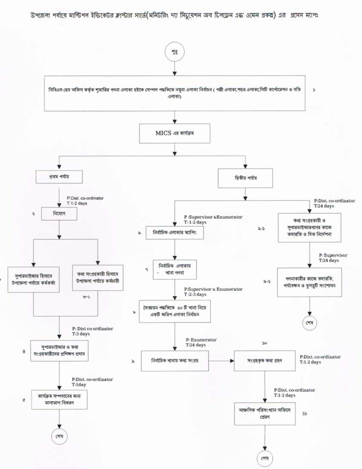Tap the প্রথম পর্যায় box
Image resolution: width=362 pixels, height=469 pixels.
59,176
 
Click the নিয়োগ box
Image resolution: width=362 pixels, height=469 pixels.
59,213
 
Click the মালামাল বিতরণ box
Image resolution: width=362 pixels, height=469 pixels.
59,398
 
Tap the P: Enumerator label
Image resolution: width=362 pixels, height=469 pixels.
201,340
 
